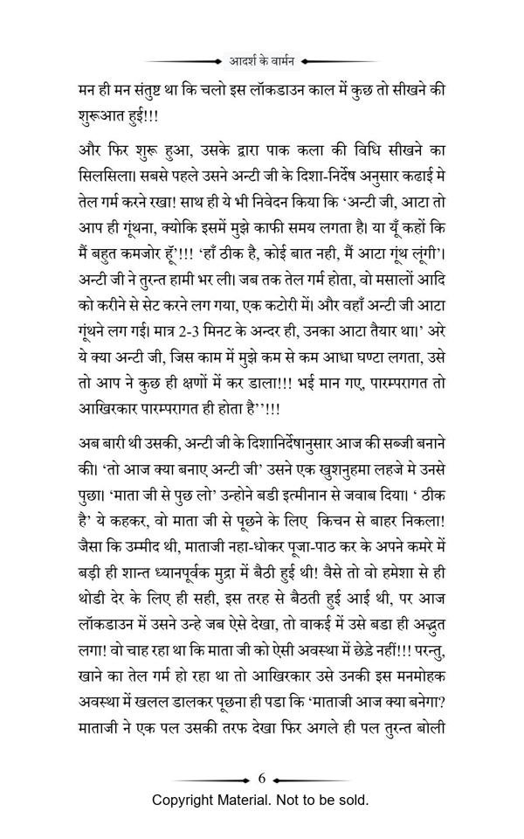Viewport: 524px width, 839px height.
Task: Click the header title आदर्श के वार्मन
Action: (262, 62)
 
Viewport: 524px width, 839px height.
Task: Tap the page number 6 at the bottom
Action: (262, 776)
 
